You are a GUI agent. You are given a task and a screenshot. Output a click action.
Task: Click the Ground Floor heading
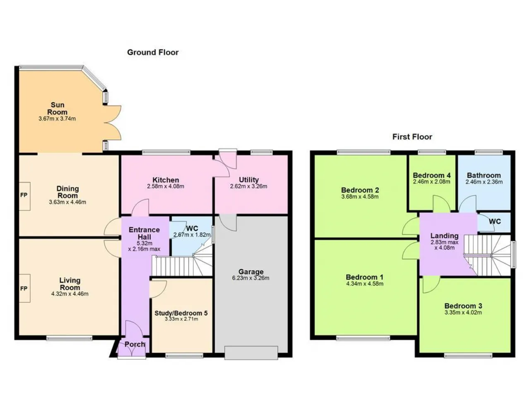tap(153, 52)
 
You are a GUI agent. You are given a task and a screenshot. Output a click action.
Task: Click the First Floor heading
tap(412, 137)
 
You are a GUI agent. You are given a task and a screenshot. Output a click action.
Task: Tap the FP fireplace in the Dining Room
tap(24, 196)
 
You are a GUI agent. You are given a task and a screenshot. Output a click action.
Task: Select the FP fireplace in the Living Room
tap(24, 288)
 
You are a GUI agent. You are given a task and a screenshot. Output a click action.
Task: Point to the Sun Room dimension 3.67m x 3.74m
tap(57, 119)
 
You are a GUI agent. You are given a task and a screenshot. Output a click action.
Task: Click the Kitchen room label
tap(166, 180)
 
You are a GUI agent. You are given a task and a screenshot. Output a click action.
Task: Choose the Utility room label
tap(249, 180)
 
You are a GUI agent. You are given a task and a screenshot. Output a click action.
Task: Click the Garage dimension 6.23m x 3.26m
tap(251, 278)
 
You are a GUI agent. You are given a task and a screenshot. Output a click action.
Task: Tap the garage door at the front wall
tap(251, 353)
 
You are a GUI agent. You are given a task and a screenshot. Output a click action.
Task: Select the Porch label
tap(135, 345)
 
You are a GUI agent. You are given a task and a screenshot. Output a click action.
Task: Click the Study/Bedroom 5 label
tap(181, 313)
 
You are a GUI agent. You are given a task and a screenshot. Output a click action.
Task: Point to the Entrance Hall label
tap(144, 233)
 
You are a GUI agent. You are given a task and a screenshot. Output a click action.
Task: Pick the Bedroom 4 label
tap(432, 175)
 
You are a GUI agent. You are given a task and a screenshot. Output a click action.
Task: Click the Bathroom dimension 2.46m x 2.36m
tap(484, 182)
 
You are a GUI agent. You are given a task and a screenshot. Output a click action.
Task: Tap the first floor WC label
tap(495, 221)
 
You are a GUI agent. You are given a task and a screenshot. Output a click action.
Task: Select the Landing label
tap(444, 235)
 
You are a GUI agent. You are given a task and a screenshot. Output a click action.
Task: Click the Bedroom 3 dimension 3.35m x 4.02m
tap(463, 313)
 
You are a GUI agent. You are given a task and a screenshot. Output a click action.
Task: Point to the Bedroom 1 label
tap(365, 277)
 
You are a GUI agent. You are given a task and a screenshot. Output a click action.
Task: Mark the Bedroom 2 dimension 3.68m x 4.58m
tap(360, 197)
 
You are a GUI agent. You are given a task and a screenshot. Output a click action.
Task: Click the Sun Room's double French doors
tap(113, 123)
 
